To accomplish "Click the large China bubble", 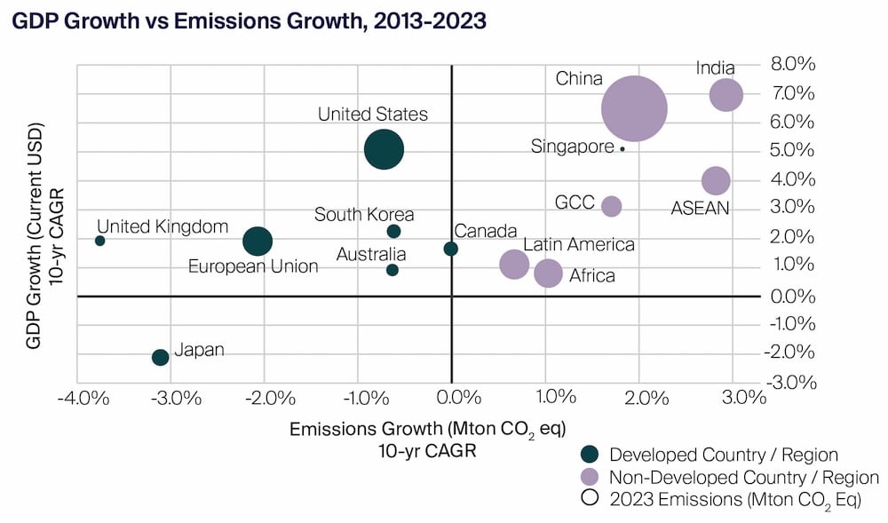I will pos(634,108).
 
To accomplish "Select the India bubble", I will pos(725,94).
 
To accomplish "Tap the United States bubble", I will pos(384,149).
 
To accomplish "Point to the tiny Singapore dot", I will pos(622,148).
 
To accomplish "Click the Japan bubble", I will pos(160,357).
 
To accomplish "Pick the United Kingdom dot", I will pos(99,241).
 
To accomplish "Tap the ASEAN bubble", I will pos(715,181).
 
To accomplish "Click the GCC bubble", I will pos(611,206).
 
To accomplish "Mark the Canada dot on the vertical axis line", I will pos(451,249).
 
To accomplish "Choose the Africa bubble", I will pos(548,273).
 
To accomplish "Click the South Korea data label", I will pos(364,214).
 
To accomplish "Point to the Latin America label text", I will pos(578,244).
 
